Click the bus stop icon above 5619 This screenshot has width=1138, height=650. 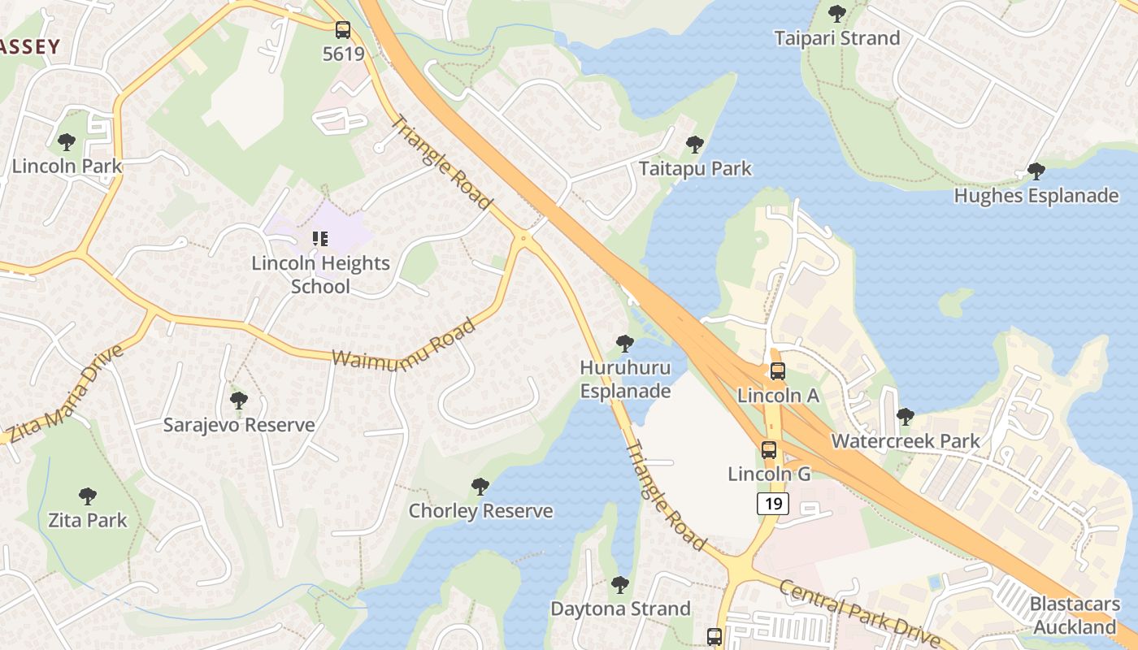tap(343, 30)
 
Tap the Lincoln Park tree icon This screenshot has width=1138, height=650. tap(67, 142)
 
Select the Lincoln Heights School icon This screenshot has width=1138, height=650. tap(320, 239)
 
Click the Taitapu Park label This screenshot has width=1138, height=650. tap(695, 169)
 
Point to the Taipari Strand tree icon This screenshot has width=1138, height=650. tap(836, 14)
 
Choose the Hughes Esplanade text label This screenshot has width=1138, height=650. tap(1036, 196)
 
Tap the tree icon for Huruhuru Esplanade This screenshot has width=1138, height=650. tap(625, 344)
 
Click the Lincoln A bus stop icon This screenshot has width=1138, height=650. tap(778, 371)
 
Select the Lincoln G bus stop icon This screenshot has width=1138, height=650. tap(769, 449)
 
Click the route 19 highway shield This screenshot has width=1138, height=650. tap(772, 504)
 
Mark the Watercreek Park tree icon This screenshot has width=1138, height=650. tap(906, 417)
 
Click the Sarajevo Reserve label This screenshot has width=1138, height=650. tap(239, 425)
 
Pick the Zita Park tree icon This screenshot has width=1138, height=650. tap(88, 496)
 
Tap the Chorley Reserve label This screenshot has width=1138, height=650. tap(480, 511)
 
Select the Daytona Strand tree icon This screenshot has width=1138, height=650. tap(620, 584)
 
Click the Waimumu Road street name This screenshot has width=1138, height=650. tap(404, 346)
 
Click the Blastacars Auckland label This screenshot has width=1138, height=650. tap(1074, 616)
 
